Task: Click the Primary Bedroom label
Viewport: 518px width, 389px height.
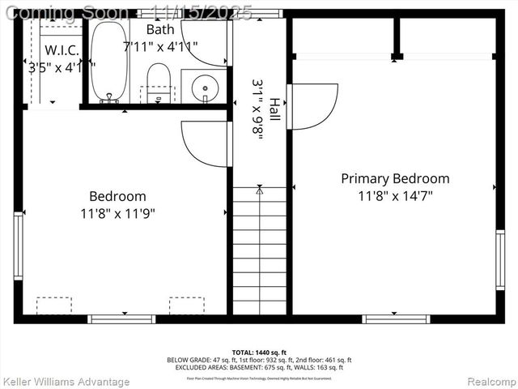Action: [x=394, y=178]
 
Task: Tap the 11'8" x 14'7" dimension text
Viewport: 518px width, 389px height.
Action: [x=394, y=196]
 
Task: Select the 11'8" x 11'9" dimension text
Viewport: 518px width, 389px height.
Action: [x=117, y=213]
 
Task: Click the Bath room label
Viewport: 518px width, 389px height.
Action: [x=159, y=29]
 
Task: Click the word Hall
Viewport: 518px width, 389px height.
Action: [x=275, y=110]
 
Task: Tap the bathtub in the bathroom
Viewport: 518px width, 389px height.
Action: [x=108, y=61]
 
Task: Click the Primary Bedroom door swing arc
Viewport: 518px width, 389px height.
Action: [x=314, y=106]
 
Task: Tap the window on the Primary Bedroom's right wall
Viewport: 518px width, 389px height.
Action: [x=500, y=259]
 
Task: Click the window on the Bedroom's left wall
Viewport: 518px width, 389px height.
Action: [x=18, y=246]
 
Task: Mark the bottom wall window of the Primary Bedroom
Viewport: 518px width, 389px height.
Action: [x=396, y=318]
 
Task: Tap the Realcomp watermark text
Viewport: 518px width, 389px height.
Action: [x=487, y=380]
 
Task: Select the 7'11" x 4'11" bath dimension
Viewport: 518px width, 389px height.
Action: [x=159, y=46]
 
